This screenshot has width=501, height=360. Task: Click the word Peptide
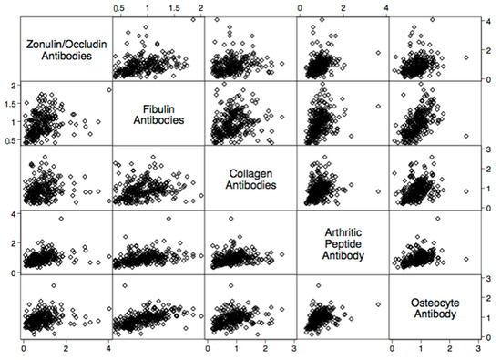(342, 243)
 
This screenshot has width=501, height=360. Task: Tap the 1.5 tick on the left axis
(11, 102)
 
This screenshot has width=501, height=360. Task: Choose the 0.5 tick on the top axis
(119, 7)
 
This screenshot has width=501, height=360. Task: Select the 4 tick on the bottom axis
(109, 348)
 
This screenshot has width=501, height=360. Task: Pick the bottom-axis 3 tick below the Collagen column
(293, 348)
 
